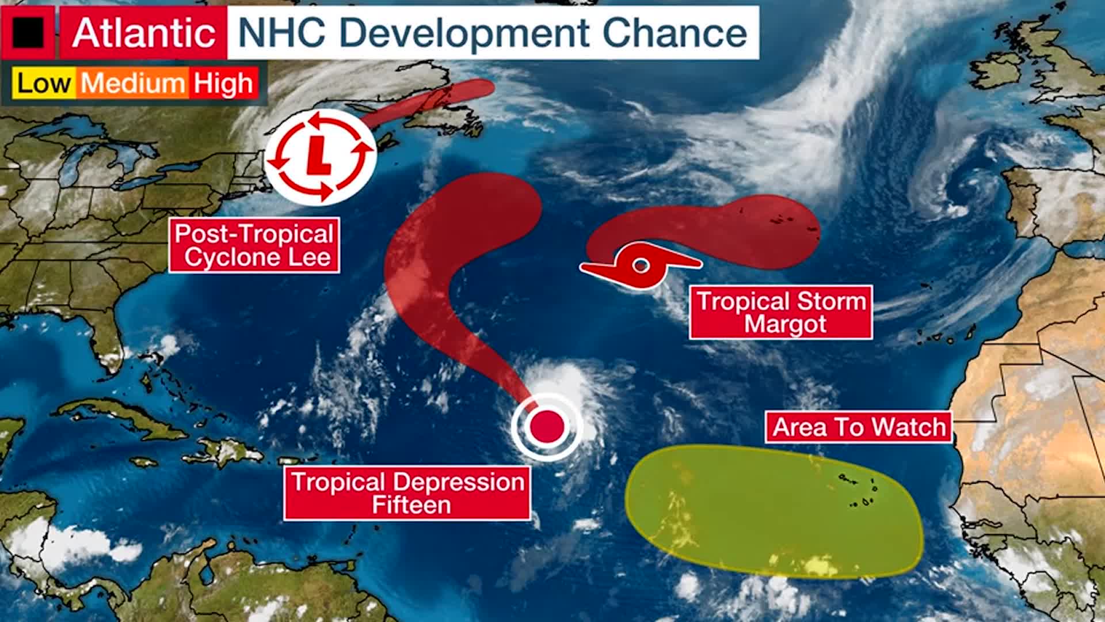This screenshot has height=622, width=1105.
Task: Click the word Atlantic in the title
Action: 144,32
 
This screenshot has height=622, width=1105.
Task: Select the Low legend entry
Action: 44,84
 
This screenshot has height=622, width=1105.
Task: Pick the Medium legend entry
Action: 132,84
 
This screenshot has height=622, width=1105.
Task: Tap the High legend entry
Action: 223,84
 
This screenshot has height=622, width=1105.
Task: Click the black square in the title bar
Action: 28,32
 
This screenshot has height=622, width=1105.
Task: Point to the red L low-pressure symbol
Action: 320,155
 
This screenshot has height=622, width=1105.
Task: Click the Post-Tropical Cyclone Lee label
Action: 254,245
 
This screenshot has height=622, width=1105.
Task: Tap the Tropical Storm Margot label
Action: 781,312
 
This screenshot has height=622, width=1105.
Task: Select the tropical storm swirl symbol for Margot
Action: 641,265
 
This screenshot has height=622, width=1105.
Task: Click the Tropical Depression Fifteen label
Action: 407,494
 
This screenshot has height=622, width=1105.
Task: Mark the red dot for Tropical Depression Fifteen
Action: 547,426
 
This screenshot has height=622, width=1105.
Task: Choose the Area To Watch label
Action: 859,427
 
